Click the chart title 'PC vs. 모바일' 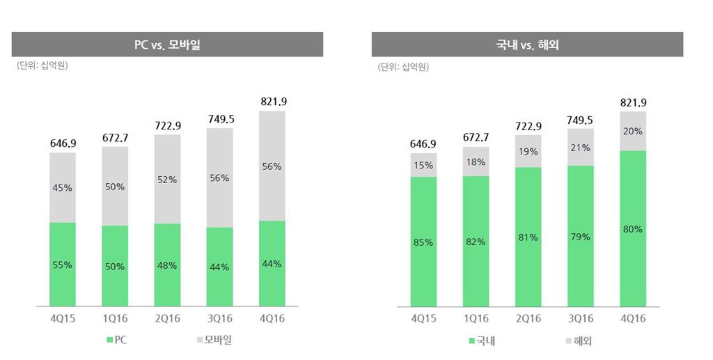click(x=167, y=45)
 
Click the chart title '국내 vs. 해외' click(x=527, y=45)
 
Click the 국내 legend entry click(x=481, y=341)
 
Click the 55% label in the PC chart click(x=63, y=265)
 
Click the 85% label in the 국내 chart click(x=423, y=242)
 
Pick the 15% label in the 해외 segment click(x=423, y=166)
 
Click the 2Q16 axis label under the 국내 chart click(x=528, y=318)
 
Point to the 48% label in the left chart click(x=167, y=265)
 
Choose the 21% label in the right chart click(x=580, y=148)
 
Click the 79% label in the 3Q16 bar click(x=580, y=237)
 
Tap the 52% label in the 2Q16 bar click(x=167, y=179)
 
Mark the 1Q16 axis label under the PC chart click(x=115, y=318)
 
